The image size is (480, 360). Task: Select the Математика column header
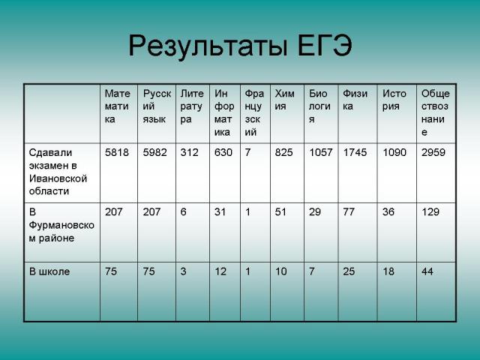click(x=117, y=106)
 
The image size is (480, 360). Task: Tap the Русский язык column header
click(x=157, y=106)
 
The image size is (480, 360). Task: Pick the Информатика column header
click(x=224, y=112)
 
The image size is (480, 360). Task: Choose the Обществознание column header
click(x=435, y=112)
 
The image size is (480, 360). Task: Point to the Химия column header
click(x=284, y=100)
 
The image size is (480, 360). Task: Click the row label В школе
click(x=49, y=271)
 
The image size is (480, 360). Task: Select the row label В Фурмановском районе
click(x=61, y=225)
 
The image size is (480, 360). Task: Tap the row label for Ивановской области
click(x=58, y=172)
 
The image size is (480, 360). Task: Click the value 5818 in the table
click(x=117, y=152)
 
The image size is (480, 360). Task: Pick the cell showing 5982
click(x=154, y=152)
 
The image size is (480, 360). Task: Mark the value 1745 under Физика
click(x=355, y=152)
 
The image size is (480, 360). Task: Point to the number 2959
click(x=433, y=152)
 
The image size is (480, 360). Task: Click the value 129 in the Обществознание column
click(x=430, y=211)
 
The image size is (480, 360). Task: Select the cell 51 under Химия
click(x=280, y=211)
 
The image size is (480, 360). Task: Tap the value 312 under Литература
click(x=189, y=152)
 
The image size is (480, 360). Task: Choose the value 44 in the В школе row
click(x=427, y=271)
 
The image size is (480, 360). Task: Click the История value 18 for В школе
click(x=388, y=271)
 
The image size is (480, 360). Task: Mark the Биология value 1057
click(x=320, y=152)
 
